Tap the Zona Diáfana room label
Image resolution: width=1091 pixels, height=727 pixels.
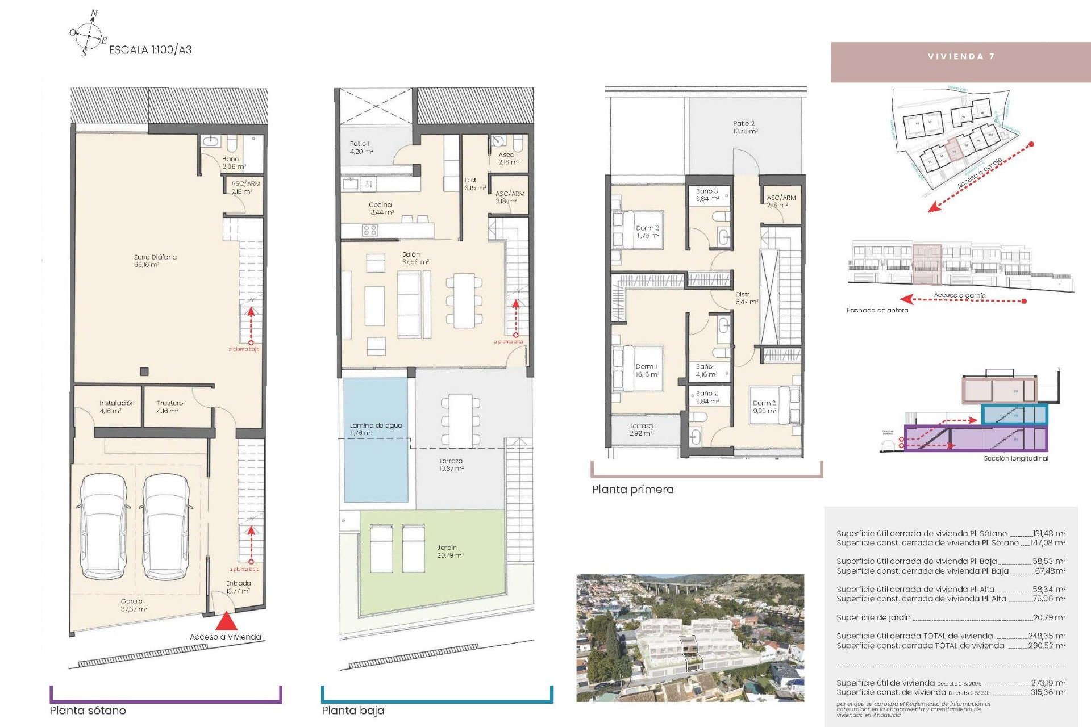(155, 261)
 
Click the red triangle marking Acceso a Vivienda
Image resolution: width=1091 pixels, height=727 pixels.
(226, 621)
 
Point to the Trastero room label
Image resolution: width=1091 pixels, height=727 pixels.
(169, 407)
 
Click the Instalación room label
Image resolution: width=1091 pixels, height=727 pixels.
(116, 407)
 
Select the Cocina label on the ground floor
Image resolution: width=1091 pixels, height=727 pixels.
(380, 208)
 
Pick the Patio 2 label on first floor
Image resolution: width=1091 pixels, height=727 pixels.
(744, 127)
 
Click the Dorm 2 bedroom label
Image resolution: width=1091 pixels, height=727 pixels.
(764, 407)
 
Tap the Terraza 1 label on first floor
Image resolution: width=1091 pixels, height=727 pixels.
(643, 429)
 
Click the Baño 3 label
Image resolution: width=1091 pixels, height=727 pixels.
(707, 195)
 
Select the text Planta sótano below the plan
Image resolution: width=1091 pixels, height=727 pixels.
(88, 710)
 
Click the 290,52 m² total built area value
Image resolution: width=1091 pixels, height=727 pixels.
(1046, 646)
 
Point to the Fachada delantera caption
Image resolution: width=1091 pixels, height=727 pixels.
(877, 310)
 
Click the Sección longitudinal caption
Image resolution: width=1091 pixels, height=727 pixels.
(1015, 458)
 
